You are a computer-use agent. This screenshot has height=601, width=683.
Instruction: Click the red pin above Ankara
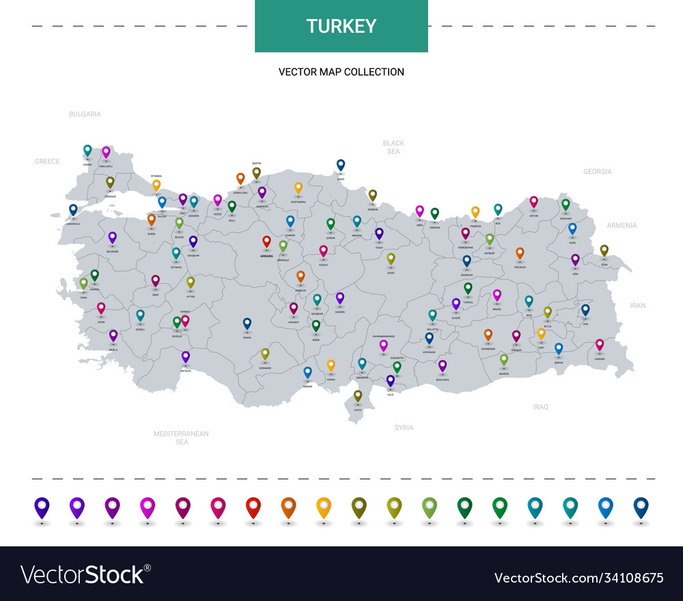point(266,241)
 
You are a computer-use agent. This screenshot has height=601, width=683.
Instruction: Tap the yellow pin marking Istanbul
point(156,184)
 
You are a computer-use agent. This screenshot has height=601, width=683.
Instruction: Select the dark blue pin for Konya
point(247,323)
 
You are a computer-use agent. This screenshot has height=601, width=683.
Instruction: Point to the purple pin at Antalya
point(185,357)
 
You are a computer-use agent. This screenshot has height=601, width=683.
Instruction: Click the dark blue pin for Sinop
point(341,165)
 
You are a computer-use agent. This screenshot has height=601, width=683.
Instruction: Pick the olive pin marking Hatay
point(357,395)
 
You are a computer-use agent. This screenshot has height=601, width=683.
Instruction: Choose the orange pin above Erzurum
point(520,253)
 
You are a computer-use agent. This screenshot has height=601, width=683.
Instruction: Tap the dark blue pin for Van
point(585,309)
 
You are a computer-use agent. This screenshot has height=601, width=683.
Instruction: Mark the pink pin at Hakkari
point(600,345)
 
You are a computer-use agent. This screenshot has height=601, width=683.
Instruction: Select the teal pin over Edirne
point(87,150)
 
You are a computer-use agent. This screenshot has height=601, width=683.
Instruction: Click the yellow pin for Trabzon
point(475,212)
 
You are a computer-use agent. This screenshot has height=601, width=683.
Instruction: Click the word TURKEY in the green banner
point(341,26)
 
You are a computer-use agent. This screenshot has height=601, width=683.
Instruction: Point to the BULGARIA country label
point(85,114)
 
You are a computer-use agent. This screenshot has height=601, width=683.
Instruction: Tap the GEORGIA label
point(598,171)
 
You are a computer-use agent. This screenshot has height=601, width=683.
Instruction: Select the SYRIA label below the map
point(404,428)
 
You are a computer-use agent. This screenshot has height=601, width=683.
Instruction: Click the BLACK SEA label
point(393,147)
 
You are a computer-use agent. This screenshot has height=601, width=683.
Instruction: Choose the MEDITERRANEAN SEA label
point(181,438)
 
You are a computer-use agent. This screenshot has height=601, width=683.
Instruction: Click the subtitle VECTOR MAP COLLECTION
point(341,72)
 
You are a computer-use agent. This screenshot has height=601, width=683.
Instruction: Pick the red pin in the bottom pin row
point(253,507)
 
